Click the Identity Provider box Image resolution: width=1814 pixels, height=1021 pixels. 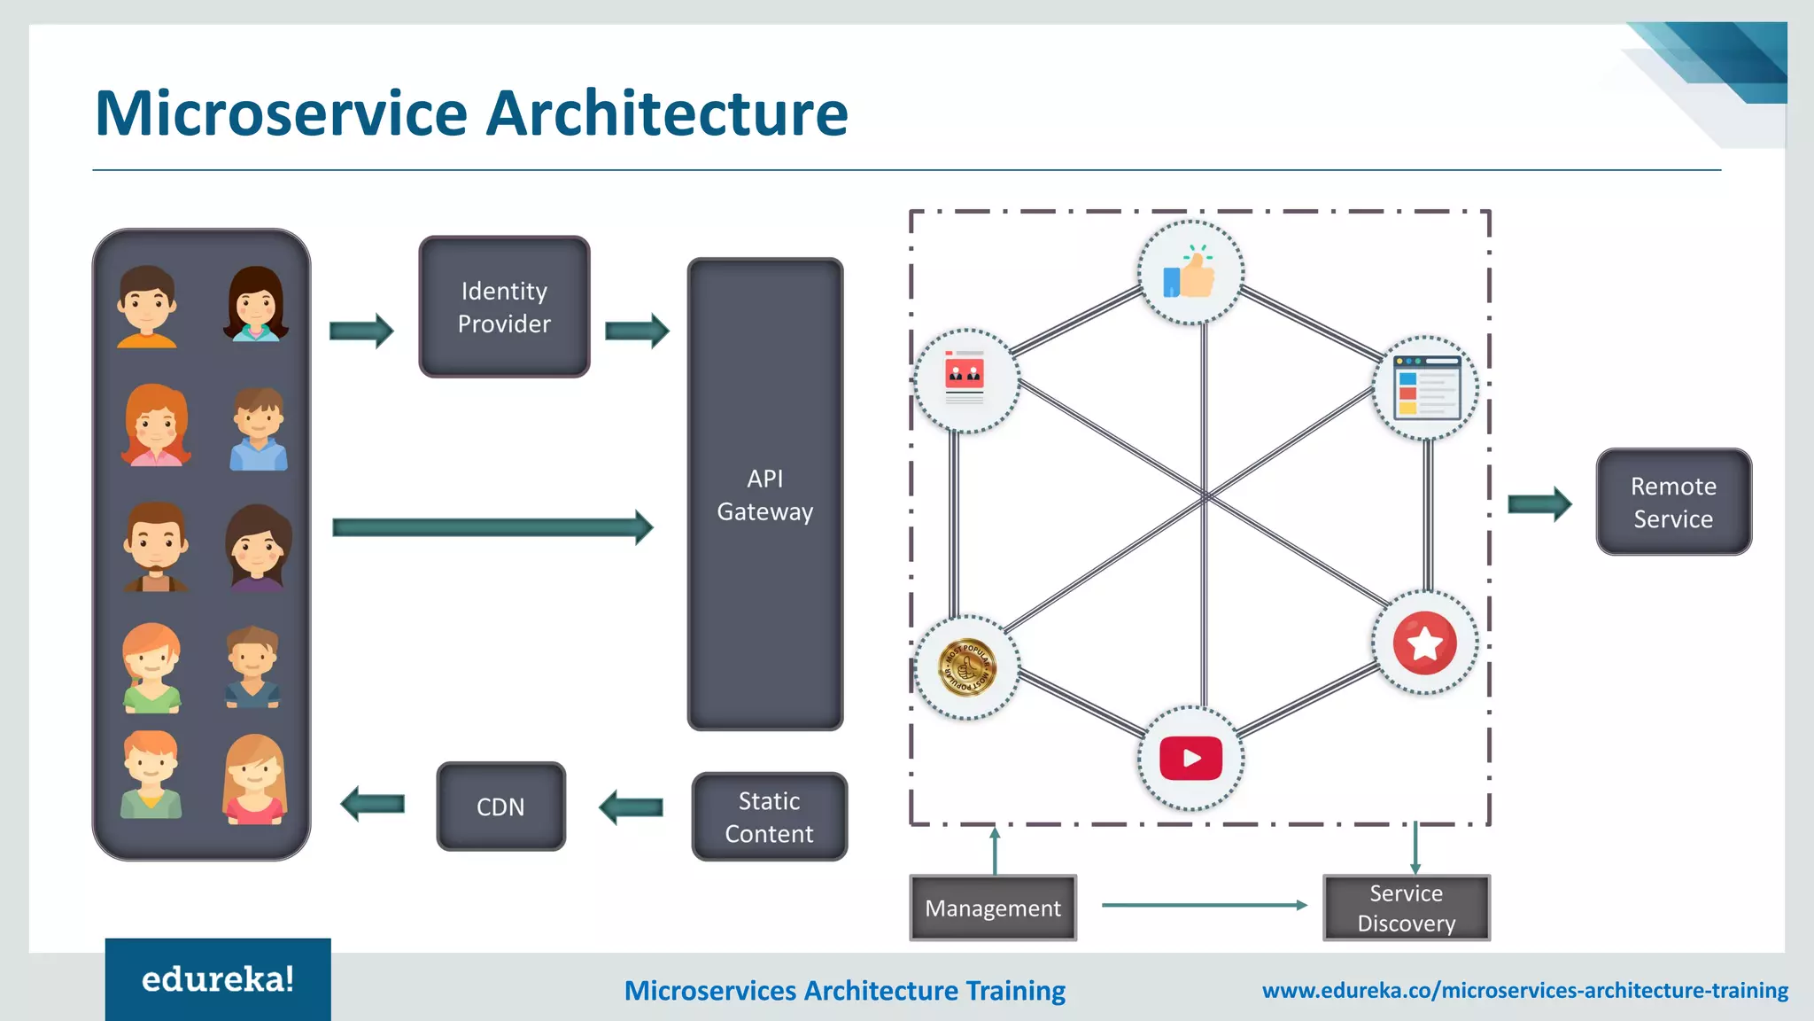point(504,307)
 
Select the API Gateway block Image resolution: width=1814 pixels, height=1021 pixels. point(765,495)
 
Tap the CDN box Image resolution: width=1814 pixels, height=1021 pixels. point(500,807)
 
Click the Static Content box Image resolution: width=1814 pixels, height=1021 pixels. point(769,816)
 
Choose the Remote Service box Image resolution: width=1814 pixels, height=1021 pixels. point(1673,503)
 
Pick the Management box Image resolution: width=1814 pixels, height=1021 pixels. point(993,908)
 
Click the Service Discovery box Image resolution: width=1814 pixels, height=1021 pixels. point(1407,908)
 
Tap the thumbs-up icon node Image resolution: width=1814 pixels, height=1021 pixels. point(1190,273)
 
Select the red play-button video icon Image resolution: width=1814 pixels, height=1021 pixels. point(1190,759)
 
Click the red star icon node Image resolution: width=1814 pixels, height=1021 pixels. point(1424,643)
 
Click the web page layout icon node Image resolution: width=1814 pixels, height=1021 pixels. point(1425,387)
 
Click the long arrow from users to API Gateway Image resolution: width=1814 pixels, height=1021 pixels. point(492,527)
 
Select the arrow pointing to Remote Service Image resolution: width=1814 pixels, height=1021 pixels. point(1539,504)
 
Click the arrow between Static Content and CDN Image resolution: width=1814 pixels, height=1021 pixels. point(631,807)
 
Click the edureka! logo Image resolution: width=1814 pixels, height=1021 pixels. point(218,979)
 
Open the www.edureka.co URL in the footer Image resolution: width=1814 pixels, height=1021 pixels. point(1524,990)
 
